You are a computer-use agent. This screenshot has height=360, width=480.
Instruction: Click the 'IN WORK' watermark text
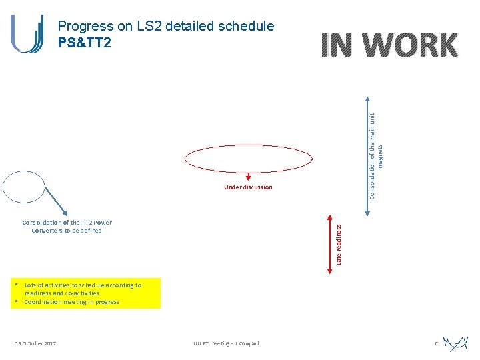click(x=389, y=45)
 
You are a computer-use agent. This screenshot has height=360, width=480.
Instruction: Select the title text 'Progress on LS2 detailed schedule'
click(x=166, y=26)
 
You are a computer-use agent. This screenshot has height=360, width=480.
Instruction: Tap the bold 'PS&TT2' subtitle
click(x=85, y=41)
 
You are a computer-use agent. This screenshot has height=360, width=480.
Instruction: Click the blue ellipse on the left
click(x=23, y=186)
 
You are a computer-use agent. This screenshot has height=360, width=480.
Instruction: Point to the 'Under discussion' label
click(x=248, y=187)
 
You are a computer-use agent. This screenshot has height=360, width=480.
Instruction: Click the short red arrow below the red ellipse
click(x=248, y=177)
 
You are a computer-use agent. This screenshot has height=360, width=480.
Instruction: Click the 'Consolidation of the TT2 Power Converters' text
click(x=67, y=227)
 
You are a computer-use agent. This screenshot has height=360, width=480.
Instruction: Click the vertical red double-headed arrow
click(x=329, y=244)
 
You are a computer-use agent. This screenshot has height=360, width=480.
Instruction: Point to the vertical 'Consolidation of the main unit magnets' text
click(x=377, y=153)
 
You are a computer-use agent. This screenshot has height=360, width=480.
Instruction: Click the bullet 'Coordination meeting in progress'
click(x=71, y=302)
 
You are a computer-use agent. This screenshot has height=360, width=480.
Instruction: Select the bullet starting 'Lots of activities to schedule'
click(x=82, y=289)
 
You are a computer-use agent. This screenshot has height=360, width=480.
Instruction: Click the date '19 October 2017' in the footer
click(x=35, y=343)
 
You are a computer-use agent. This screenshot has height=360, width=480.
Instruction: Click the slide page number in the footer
click(x=435, y=343)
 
